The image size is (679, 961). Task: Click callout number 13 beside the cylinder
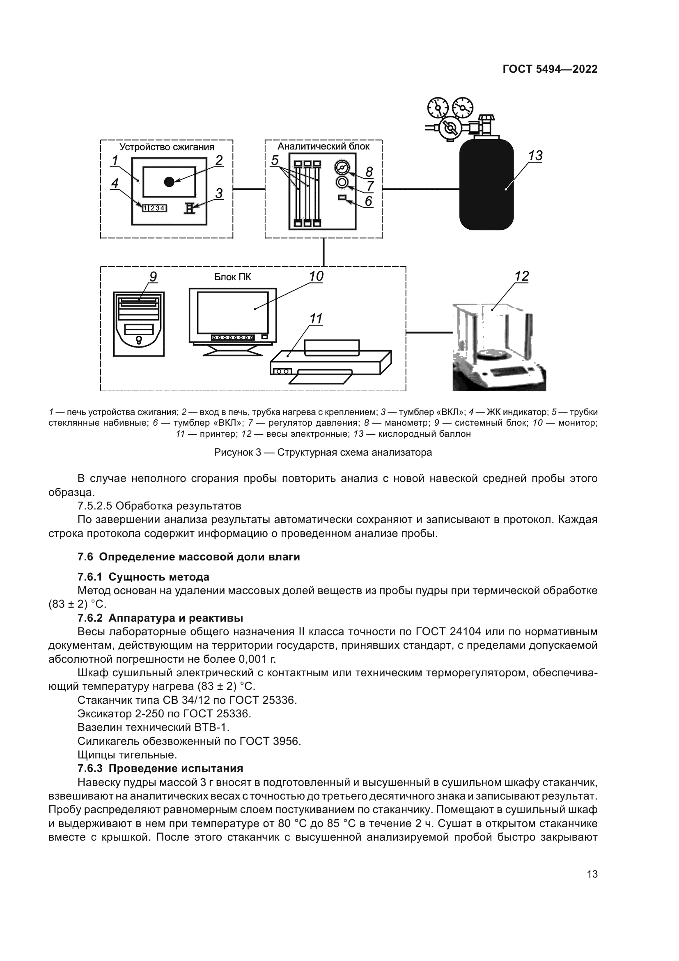[x=535, y=156]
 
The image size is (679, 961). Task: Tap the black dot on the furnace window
[x=169, y=182]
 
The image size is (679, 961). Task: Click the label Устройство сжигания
[x=167, y=147]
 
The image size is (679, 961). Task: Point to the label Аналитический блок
[x=323, y=147]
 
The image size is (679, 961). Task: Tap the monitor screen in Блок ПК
[x=232, y=312]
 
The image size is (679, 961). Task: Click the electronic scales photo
[x=499, y=348]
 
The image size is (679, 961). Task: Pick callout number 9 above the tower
[x=153, y=277]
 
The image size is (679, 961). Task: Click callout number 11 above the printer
[x=316, y=319]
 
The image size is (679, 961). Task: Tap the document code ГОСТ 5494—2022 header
[x=550, y=69]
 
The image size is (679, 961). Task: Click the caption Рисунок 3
[x=323, y=453]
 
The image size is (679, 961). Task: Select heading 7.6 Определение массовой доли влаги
[x=188, y=557]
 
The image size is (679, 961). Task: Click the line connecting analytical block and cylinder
[x=420, y=189]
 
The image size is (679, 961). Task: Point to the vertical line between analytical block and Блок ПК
[x=323, y=252]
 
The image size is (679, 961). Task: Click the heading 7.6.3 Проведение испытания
[x=160, y=768]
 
